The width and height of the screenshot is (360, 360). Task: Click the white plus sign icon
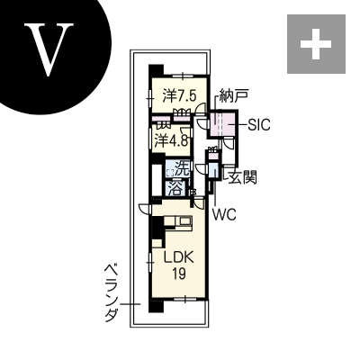pos(317,44)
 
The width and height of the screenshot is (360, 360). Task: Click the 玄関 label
pos(242,178)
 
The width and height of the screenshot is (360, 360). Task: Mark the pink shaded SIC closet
pos(222,124)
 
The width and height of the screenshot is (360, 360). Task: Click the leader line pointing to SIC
pos(241,125)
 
